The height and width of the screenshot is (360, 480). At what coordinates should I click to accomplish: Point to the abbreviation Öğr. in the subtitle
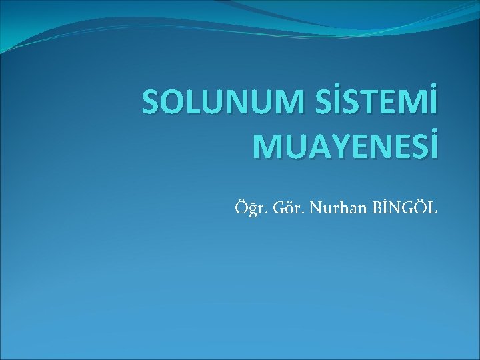(247, 209)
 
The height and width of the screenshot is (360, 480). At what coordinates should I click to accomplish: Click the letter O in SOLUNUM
(173, 105)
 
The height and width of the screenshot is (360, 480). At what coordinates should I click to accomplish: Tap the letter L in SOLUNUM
(194, 105)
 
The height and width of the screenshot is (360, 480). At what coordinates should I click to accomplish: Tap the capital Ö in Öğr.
(239, 209)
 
